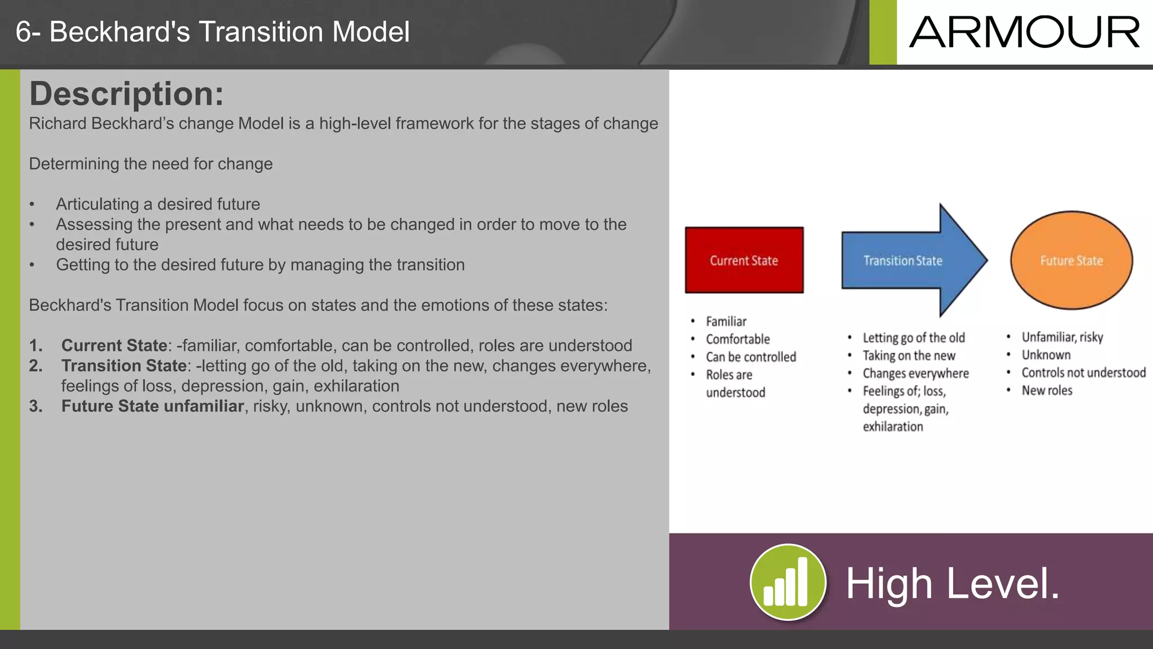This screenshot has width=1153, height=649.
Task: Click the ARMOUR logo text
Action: coord(1024,33)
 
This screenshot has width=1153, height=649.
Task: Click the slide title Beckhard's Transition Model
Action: coord(212,32)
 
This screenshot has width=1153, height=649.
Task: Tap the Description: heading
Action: coord(126,94)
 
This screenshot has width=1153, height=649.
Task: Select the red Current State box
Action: coord(744,260)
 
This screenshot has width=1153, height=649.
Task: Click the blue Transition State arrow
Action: coord(903,261)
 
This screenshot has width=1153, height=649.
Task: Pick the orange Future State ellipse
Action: coord(1071,261)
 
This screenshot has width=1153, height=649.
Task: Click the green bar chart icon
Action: coord(788,582)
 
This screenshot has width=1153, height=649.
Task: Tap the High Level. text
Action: coord(953,584)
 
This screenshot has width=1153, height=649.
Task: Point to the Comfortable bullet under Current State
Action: coord(738,339)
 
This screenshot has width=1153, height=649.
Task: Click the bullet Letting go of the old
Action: coord(913,338)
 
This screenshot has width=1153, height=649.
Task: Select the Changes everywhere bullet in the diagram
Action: coord(915,374)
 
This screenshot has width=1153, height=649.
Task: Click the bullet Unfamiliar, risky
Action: coord(1062,337)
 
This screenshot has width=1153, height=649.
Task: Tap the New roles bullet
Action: coord(1047,390)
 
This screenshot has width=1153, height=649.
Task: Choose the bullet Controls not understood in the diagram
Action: coord(1083,372)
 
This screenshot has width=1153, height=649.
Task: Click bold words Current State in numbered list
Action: coord(114,345)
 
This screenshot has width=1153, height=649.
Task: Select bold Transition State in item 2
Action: coord(124,366)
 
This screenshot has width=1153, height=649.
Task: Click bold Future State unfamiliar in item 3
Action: coord(152,406)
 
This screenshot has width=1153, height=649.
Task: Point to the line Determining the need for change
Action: coord(151,164)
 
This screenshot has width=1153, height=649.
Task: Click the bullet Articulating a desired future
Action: coord(158,204)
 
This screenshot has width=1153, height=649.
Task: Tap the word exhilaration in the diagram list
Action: coord(892,426)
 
